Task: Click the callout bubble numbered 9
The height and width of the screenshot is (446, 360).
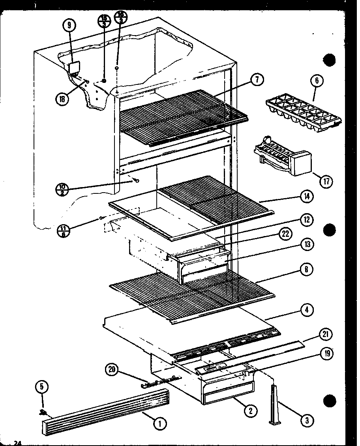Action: tap(69, 26)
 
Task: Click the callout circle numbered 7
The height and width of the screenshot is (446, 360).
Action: tap(257, 80)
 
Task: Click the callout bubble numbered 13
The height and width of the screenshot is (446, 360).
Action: tap(306, 245)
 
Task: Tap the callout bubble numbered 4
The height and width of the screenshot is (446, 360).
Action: tap(306, 310)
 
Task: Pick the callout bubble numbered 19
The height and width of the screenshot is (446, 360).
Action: tap(326, 353)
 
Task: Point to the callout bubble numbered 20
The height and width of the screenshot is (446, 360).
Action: tap(112, 370)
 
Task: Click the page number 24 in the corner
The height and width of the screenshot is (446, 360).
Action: tap(17, 443)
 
